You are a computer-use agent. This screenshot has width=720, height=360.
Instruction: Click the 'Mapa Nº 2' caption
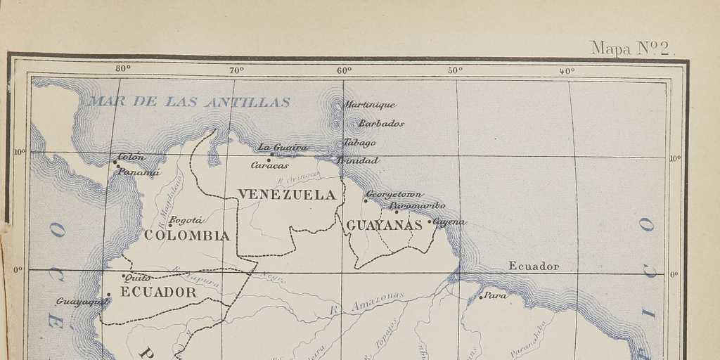pyautogui.click(x=632, y=48)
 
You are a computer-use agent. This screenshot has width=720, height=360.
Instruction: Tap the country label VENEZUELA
pyautogui.click(x=287, y=195)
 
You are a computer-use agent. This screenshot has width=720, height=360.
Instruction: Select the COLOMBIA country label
pyautogui.click(x=187, y=236)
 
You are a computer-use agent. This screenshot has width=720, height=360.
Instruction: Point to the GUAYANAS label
pyautogui.click(x=384, y=226)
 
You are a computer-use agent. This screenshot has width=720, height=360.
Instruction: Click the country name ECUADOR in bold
pyautogui.click(x=159, y=293)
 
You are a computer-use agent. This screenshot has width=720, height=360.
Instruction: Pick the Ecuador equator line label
pyautogui.click(x=534, y=266)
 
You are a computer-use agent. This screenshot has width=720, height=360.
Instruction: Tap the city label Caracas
pyautogui.click(x=270, y=165)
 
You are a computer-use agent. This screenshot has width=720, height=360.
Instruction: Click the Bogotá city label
pyautogui.click(x=187, y=220)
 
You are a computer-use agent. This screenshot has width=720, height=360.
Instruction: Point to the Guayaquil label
pyautogui.click(x=82, y=302)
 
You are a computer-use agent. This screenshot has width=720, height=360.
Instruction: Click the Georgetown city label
pyautogui.click(x=394, y=194)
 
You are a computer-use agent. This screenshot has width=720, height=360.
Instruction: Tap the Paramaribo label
pyautogui.click(x=418, y=205)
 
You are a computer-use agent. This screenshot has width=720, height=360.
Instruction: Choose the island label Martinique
pyautogui.click(x=369, y=105)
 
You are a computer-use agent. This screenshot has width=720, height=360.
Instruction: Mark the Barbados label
pyautogui.click(x=381, y=123)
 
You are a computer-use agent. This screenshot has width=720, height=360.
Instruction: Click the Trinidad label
pyautogui.click(x=358, y=160)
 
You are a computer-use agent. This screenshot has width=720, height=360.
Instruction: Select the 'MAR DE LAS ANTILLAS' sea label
pyautogui.click(x=188, y=102)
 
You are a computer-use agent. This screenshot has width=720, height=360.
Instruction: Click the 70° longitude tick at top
pyautogui.click(x=237, y=70)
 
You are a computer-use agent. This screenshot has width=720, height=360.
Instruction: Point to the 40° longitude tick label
pyautogui.click(x=567, y=70)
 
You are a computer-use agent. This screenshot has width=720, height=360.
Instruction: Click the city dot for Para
pyautogui.click(x=481, y=297)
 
